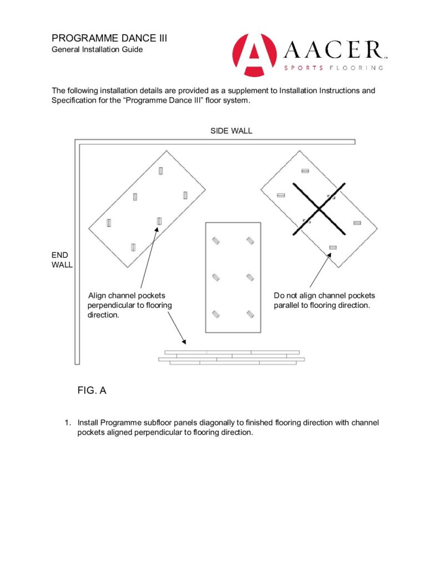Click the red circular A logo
[x=254, y=55]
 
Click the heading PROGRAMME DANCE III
[x=109, y=38]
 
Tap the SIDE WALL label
[x=231, y=131]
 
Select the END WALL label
[x=62, y=260]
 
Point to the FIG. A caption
[x=92, y=390]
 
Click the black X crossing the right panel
[x=319, y=207]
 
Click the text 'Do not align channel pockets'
[x=324, y=295]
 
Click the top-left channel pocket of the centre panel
[x=216, y=241]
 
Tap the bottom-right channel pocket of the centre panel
[x=250, y=314]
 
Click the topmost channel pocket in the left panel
[x=160, y=171]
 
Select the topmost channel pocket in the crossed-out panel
[x=305, y=171]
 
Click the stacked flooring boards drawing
[x=231, y=358]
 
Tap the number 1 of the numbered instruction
[x=67, y=423]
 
